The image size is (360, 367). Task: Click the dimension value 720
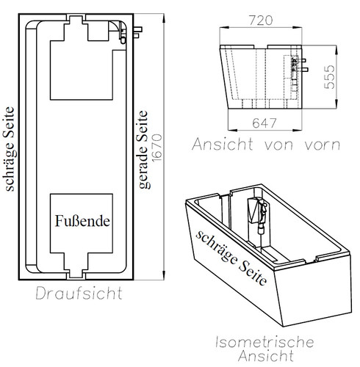click(261, 21)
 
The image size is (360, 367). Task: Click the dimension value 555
click(329, 77)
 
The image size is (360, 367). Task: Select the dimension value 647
click(264, 123)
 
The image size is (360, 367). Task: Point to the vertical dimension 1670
click(157, 148)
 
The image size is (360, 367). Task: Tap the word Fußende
click(82, 221)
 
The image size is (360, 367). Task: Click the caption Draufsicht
click(79, 294)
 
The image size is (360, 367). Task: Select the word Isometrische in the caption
click(264, 342)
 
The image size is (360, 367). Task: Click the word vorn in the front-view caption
click(323, 145)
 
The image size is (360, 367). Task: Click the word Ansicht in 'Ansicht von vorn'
click(222, 144)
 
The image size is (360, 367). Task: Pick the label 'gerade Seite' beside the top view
click(143, 150)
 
